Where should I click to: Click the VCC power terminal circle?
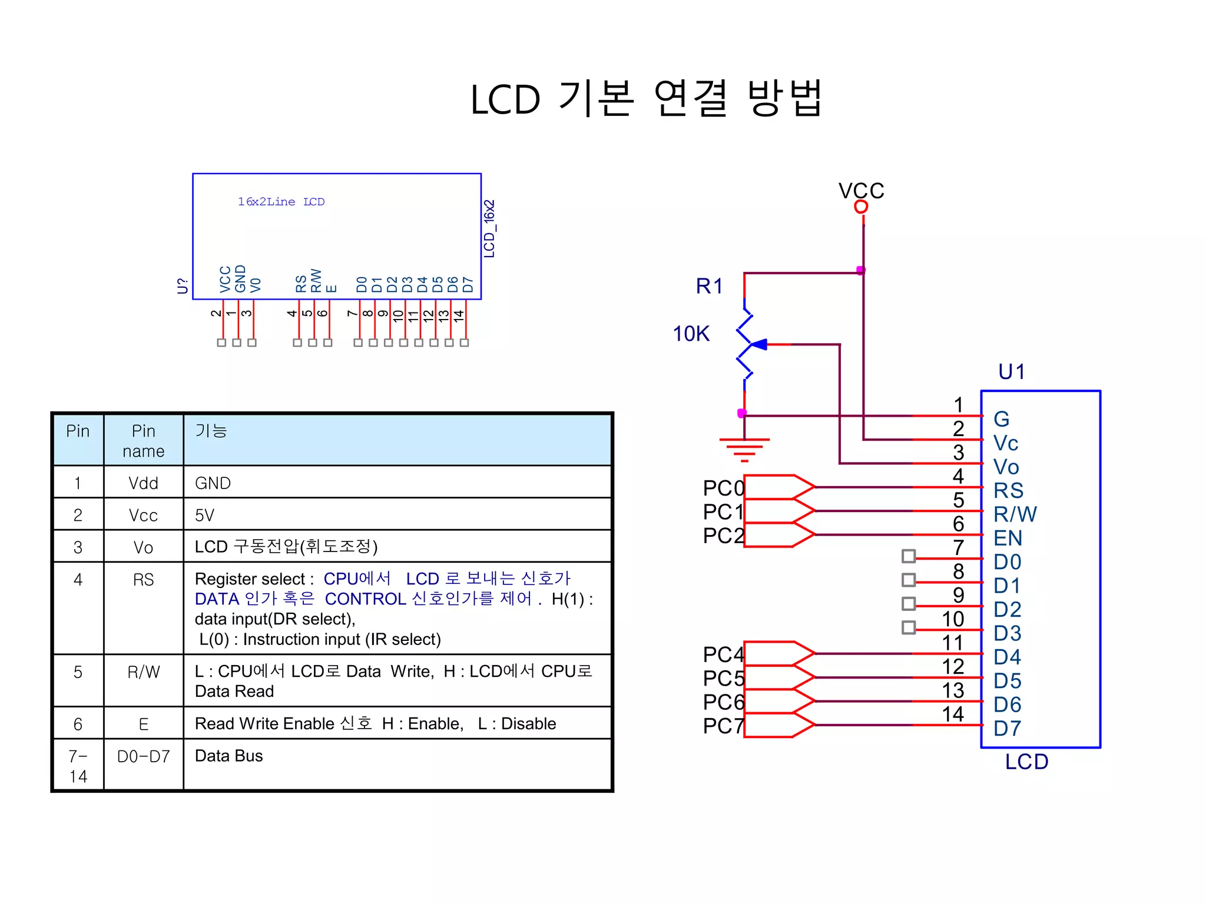click(861, 207)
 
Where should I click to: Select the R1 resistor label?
click(709, 286)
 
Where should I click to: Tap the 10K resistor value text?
click(691, 334)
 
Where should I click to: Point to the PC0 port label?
click(723, 488)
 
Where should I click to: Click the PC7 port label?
click(723, 726)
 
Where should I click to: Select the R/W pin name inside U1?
click(1015, 514)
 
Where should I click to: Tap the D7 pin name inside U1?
click(1007, 728)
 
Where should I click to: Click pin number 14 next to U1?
click(953, 714)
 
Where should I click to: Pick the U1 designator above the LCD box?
click(1012, 371)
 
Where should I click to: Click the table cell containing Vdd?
click(143, 483)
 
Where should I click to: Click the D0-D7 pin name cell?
click(143, 756)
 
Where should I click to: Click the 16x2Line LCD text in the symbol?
click(281, 202)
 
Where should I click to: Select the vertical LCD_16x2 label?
click(489, 228)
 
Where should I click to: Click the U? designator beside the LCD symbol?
click(183, 286)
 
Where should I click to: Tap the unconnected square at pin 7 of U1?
click(909, 556)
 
